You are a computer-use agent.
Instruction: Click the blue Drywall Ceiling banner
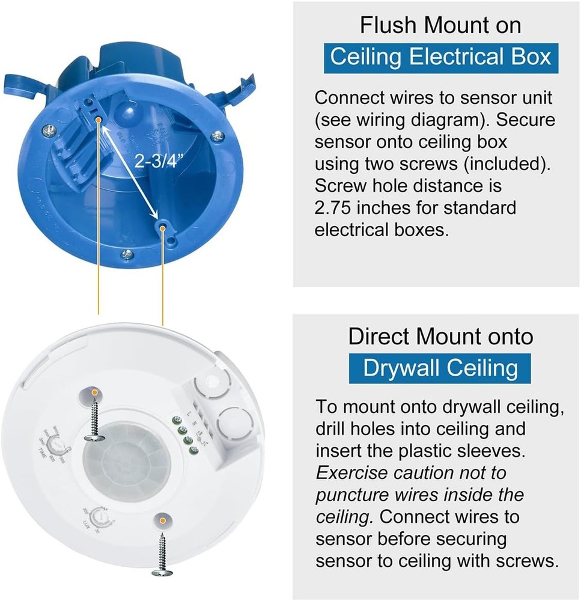[x=440, y=368]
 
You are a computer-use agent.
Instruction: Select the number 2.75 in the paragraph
[x=337, y=208]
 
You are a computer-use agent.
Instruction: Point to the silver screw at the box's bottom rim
[x=126, y=255]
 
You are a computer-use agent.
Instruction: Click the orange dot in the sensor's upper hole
[x=94, y=392]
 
